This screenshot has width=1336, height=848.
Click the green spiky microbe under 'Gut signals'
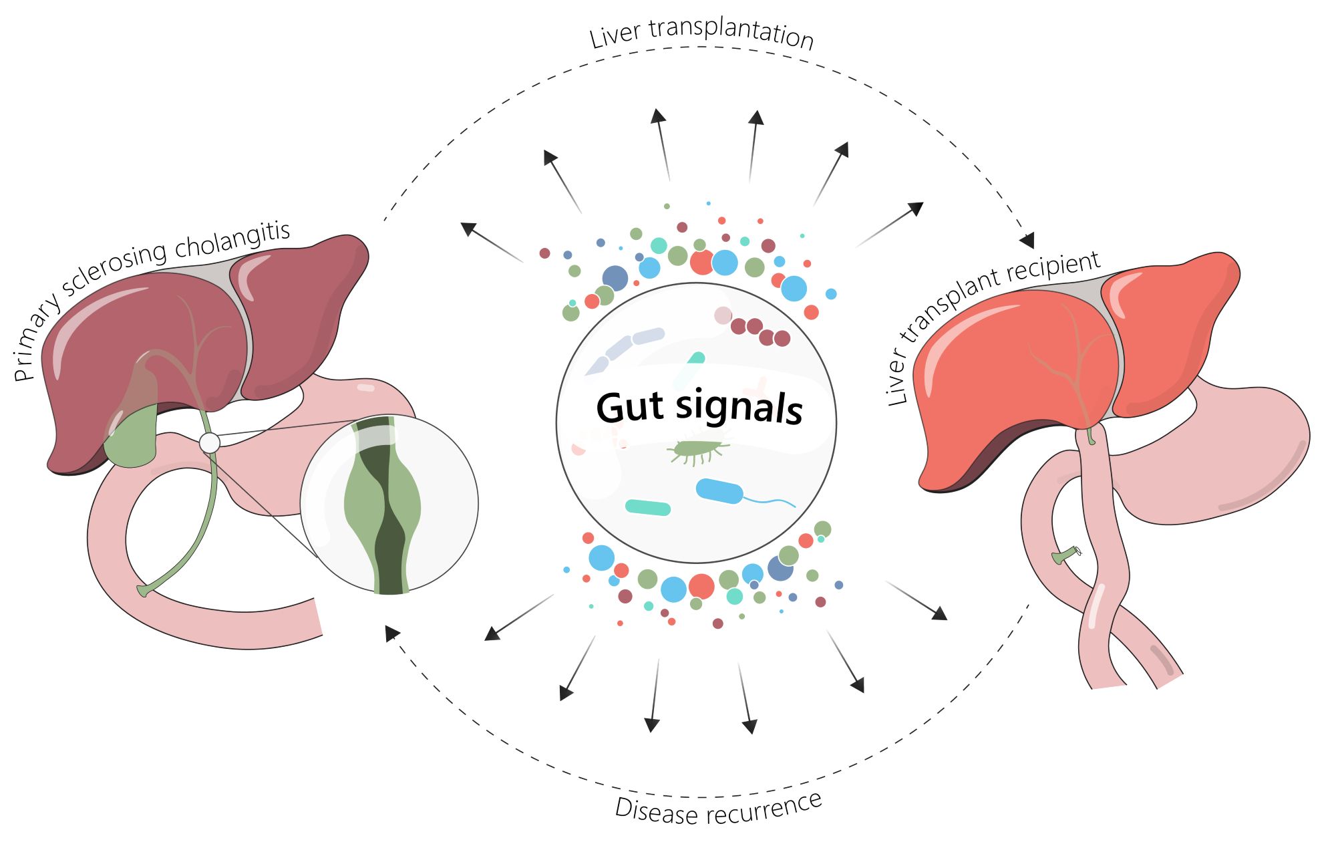695,451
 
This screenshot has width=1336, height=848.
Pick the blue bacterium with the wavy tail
720,491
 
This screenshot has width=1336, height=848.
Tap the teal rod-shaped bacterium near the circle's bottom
647,507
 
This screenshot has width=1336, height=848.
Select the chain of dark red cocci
760,331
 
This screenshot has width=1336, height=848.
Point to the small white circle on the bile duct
210,442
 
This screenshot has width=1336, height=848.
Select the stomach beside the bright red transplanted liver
1222,454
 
